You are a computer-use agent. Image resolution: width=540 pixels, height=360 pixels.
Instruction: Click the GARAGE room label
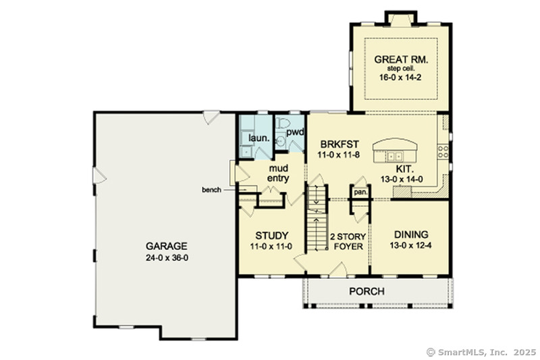click(165, 246)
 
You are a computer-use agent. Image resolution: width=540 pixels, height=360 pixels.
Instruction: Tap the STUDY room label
click(271, 235)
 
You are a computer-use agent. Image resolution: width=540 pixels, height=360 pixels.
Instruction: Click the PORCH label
click(367, 292)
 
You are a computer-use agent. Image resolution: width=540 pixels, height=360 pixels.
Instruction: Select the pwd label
click(296, 132)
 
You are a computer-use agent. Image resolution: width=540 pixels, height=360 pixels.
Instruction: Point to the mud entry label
click(279, 173)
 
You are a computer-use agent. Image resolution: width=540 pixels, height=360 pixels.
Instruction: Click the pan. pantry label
click(360, 192)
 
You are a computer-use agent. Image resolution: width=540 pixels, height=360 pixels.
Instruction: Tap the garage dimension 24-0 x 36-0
click(165, 257)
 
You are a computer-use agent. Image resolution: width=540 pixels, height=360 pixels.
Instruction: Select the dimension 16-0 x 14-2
click(402, 78)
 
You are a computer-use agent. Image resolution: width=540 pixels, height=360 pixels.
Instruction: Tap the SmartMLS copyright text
click(481, 352)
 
